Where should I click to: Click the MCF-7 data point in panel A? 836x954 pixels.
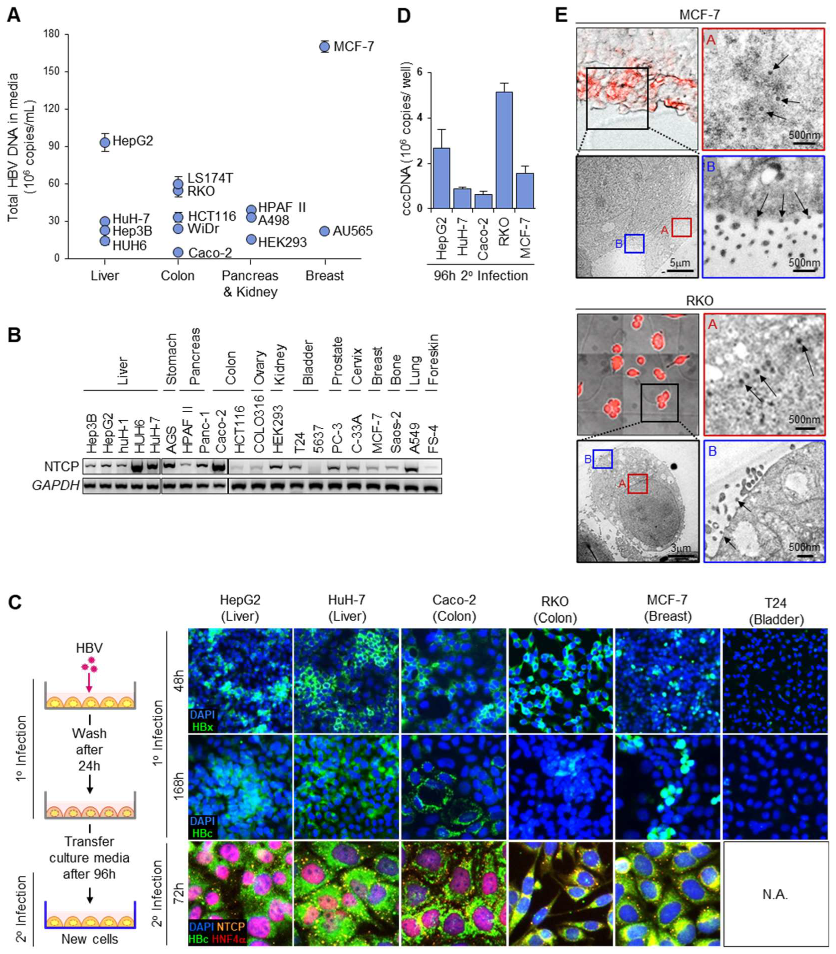[x=325, y=47]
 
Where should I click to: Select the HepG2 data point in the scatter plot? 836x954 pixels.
[x=105, y=142]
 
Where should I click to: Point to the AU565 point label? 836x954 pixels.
[x=352, y=231]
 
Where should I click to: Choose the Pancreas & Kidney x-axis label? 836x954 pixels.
[x=250, y=284]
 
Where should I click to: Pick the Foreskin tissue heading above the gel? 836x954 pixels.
[x=434, y=359]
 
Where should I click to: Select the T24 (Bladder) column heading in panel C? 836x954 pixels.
[x=775, y=611]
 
